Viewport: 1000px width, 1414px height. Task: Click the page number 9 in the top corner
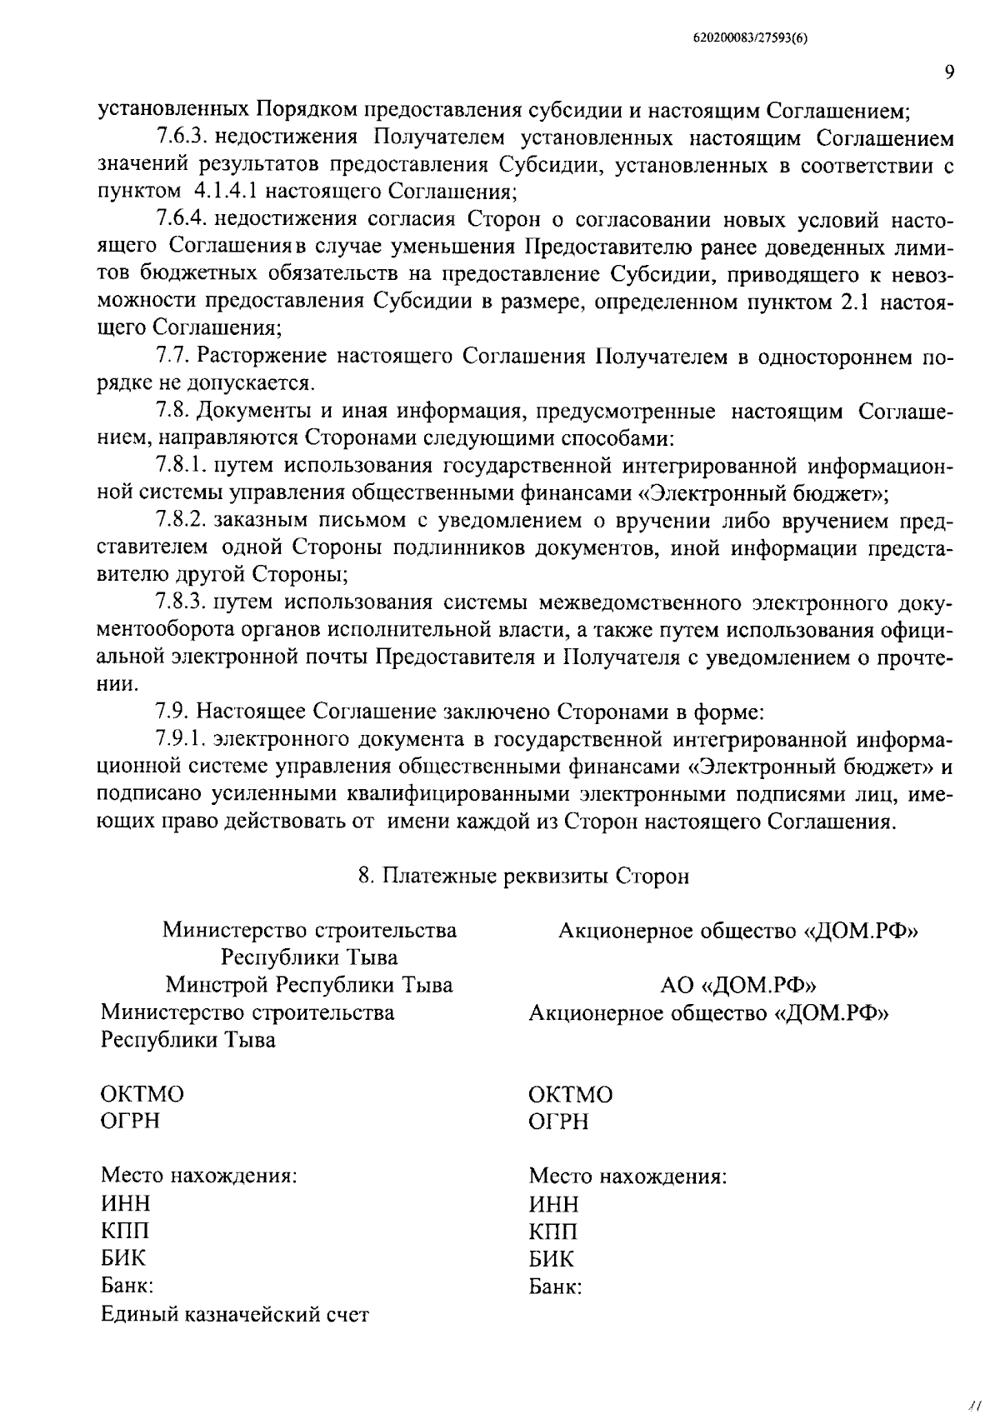[949, 72]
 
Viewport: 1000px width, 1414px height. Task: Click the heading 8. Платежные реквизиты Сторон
[523, 877]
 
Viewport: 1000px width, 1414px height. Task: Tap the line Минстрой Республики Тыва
[309, 985]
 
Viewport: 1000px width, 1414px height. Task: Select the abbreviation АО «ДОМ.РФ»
[737, 985]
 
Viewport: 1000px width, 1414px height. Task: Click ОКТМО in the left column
[142, 1094]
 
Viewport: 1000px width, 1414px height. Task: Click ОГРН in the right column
[558, 1122]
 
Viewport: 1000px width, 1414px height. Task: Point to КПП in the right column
[553, 1232]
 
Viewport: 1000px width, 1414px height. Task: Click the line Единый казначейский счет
[234, 1315]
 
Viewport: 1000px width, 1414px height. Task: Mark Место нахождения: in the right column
[627, 1177]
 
